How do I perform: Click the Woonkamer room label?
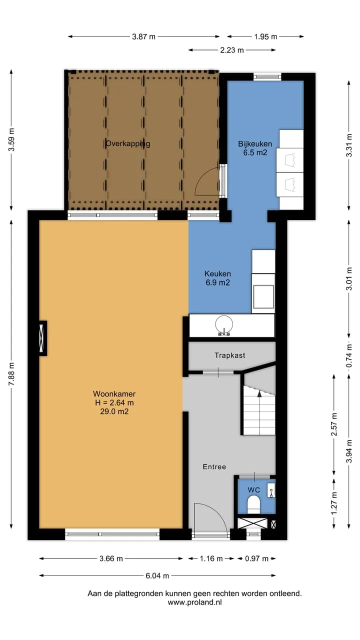(x=114, y=402)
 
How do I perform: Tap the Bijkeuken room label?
(x=255, y=148)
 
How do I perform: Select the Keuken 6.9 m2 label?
(x=217, y=278)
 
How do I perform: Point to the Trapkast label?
(x=230, y=355)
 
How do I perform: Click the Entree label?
(x=214, y=466)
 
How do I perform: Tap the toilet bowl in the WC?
(x=253, y=503)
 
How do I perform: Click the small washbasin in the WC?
(x=271, y=490)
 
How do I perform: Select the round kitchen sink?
(x=224, y=325)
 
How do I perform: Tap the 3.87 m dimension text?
(x=143, y=36)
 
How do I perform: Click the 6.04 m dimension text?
(x=157, y=575)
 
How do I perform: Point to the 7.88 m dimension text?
(x=11, y=374)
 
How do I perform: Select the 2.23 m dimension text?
(x=232, y=50)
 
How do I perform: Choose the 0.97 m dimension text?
(x=256, y=558)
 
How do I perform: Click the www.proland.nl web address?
(x=194, y=602)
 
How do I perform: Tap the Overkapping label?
(x=127, y=143)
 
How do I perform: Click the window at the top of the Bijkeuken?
(x=267, y=76)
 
